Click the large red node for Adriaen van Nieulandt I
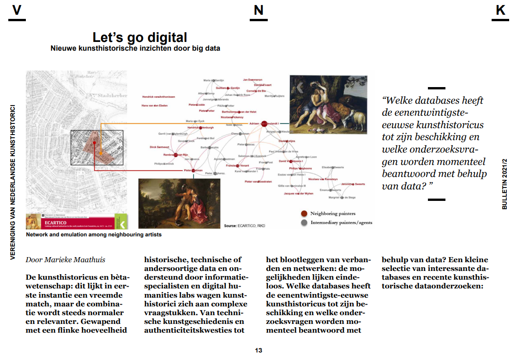coord(264,123)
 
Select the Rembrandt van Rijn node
coord(176,155)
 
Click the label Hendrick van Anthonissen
coord(158,97)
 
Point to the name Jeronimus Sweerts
coord(353,184)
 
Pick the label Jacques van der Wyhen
coord(298,194)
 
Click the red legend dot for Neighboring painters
coord(303,213)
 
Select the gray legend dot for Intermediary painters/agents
coord(303,223)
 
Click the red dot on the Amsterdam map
coord(95,143)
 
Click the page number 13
coord(258,351)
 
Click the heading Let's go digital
coord(140,37)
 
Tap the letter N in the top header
coord(258,11)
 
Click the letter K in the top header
coord(500,11)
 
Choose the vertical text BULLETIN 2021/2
coord(505,183)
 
